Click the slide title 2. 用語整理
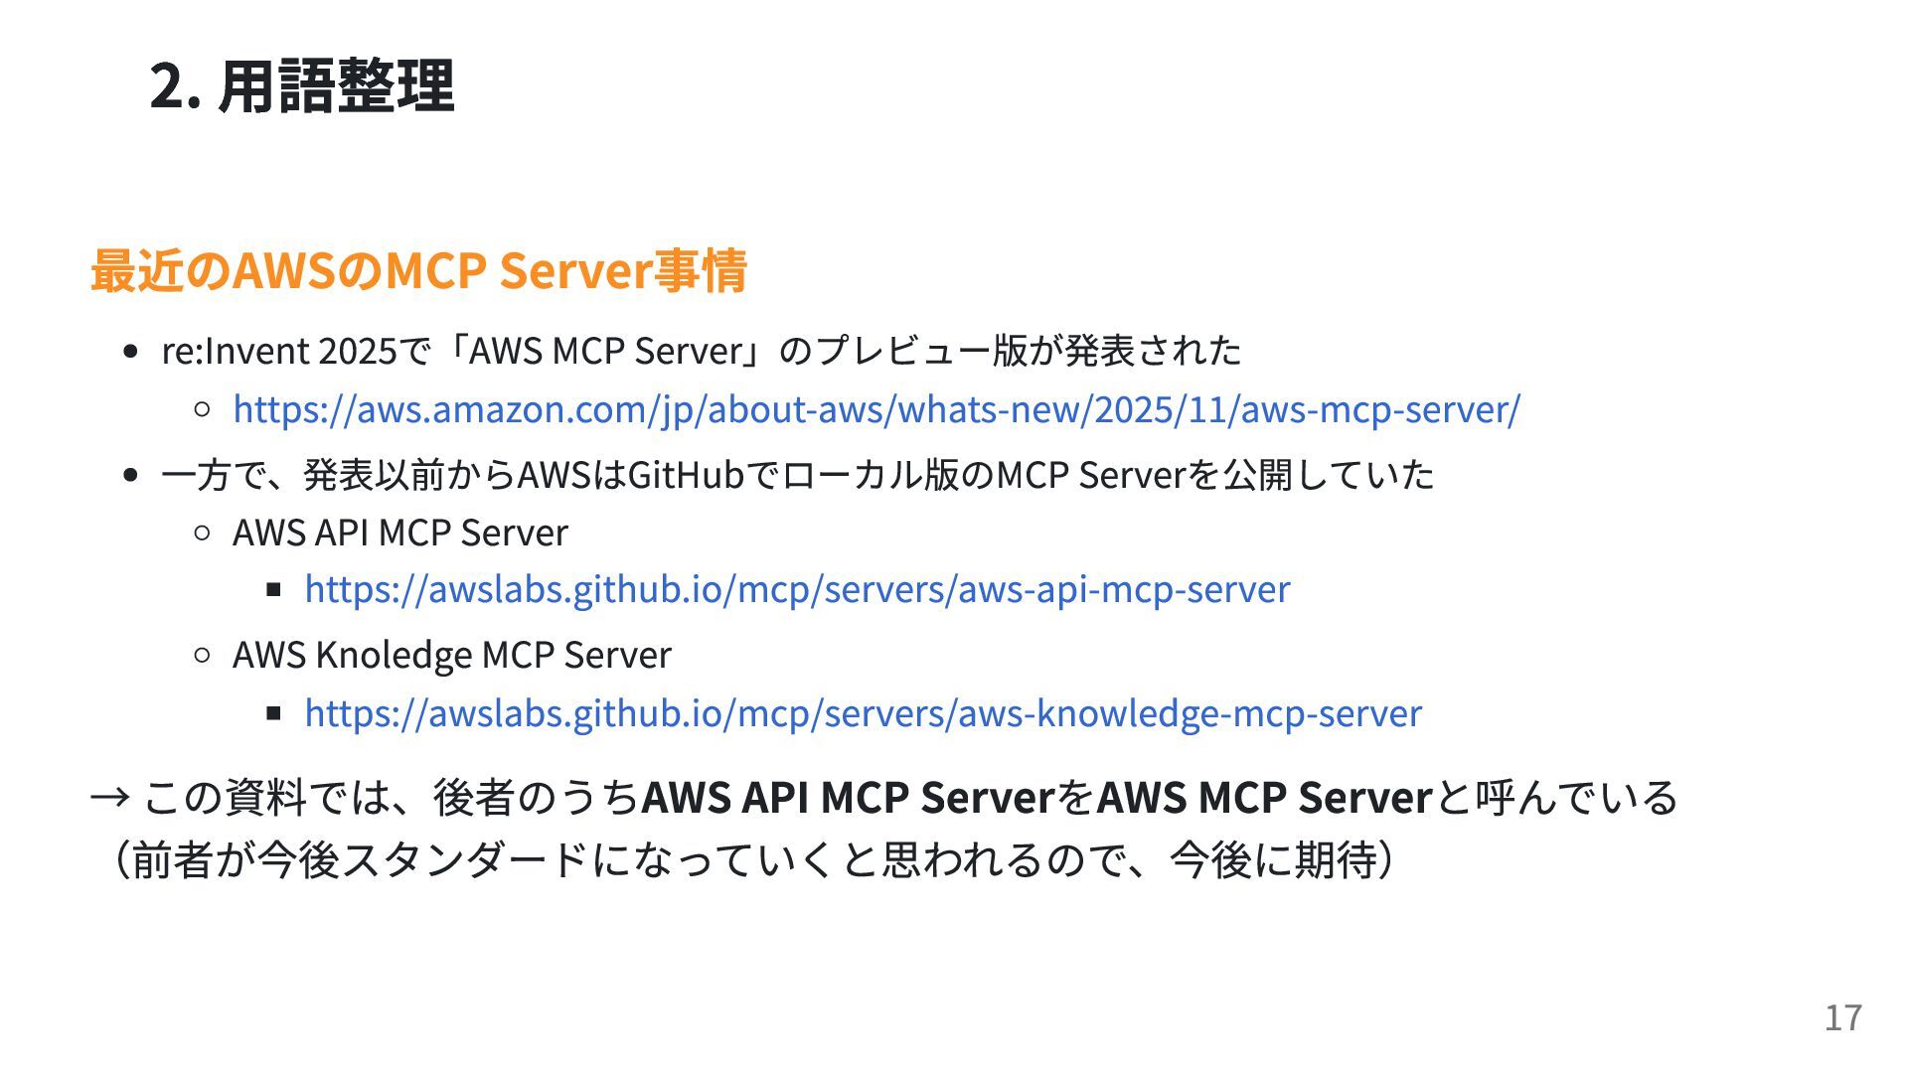click(301, 85)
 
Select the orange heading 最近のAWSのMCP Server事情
click(418, 270)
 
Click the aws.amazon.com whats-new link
click(875, 409)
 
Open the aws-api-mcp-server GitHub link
click(797, 589)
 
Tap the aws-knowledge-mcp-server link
click(863, 713)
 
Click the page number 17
click(1842, 1017)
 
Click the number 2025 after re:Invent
click(358, 351)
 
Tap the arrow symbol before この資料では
click(109, 797)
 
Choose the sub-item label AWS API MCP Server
click(400, 533)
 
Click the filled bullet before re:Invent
click(130, 352)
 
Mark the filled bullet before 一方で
click(130, 475)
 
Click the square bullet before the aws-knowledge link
click(274, 712)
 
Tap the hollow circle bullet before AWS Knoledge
click(203, 655)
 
